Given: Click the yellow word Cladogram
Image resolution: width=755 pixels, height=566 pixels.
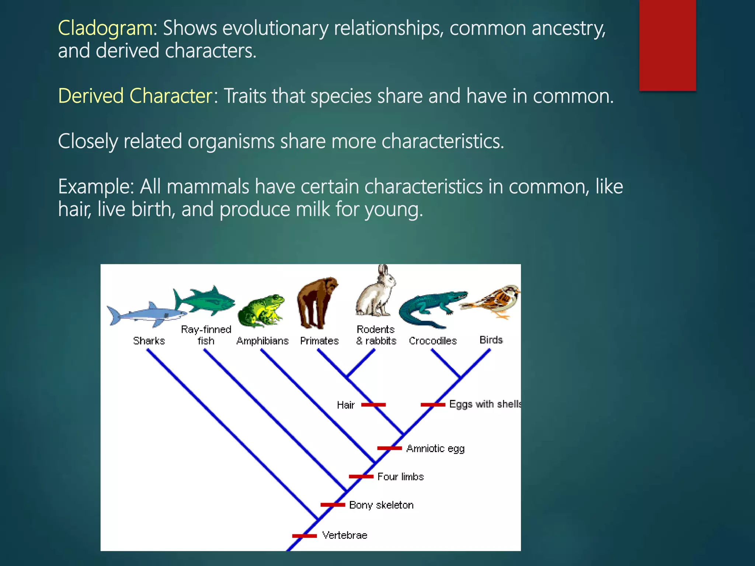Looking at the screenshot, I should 105,28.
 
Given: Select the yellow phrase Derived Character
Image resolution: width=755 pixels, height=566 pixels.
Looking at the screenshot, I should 135,96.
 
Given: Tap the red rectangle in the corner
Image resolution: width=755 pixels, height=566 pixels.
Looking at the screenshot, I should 667,45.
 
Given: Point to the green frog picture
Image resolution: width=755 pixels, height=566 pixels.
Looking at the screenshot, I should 261,310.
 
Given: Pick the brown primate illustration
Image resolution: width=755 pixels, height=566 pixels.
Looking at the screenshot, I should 316,302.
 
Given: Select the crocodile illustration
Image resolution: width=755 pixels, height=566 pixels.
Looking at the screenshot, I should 431,308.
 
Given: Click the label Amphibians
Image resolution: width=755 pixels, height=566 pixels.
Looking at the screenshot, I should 262,341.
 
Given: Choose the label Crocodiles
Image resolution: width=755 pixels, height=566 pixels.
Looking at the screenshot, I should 433,341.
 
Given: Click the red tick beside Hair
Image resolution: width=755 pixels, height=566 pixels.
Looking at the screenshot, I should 373,405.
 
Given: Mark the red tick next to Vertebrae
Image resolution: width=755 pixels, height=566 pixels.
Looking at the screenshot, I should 305,535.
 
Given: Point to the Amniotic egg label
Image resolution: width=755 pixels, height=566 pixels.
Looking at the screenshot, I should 435,448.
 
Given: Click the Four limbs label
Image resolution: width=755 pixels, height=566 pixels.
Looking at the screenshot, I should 400,476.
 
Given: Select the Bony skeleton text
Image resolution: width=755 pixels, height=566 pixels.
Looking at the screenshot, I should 381,505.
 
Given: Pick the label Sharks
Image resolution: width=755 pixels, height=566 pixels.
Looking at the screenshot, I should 149,341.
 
